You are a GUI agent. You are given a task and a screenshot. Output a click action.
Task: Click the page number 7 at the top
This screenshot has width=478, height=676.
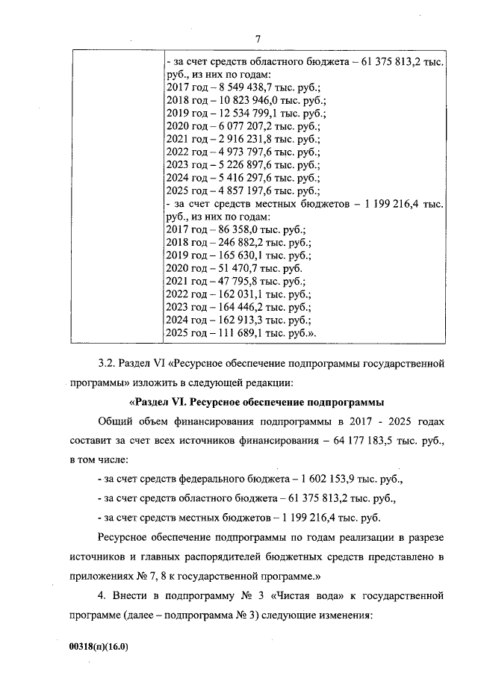tap(257, 39)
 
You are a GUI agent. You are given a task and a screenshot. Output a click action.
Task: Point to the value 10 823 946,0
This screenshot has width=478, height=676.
tap(240, 100)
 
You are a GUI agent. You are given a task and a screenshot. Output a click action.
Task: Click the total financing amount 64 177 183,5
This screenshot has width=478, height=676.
tap(368, 441)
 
